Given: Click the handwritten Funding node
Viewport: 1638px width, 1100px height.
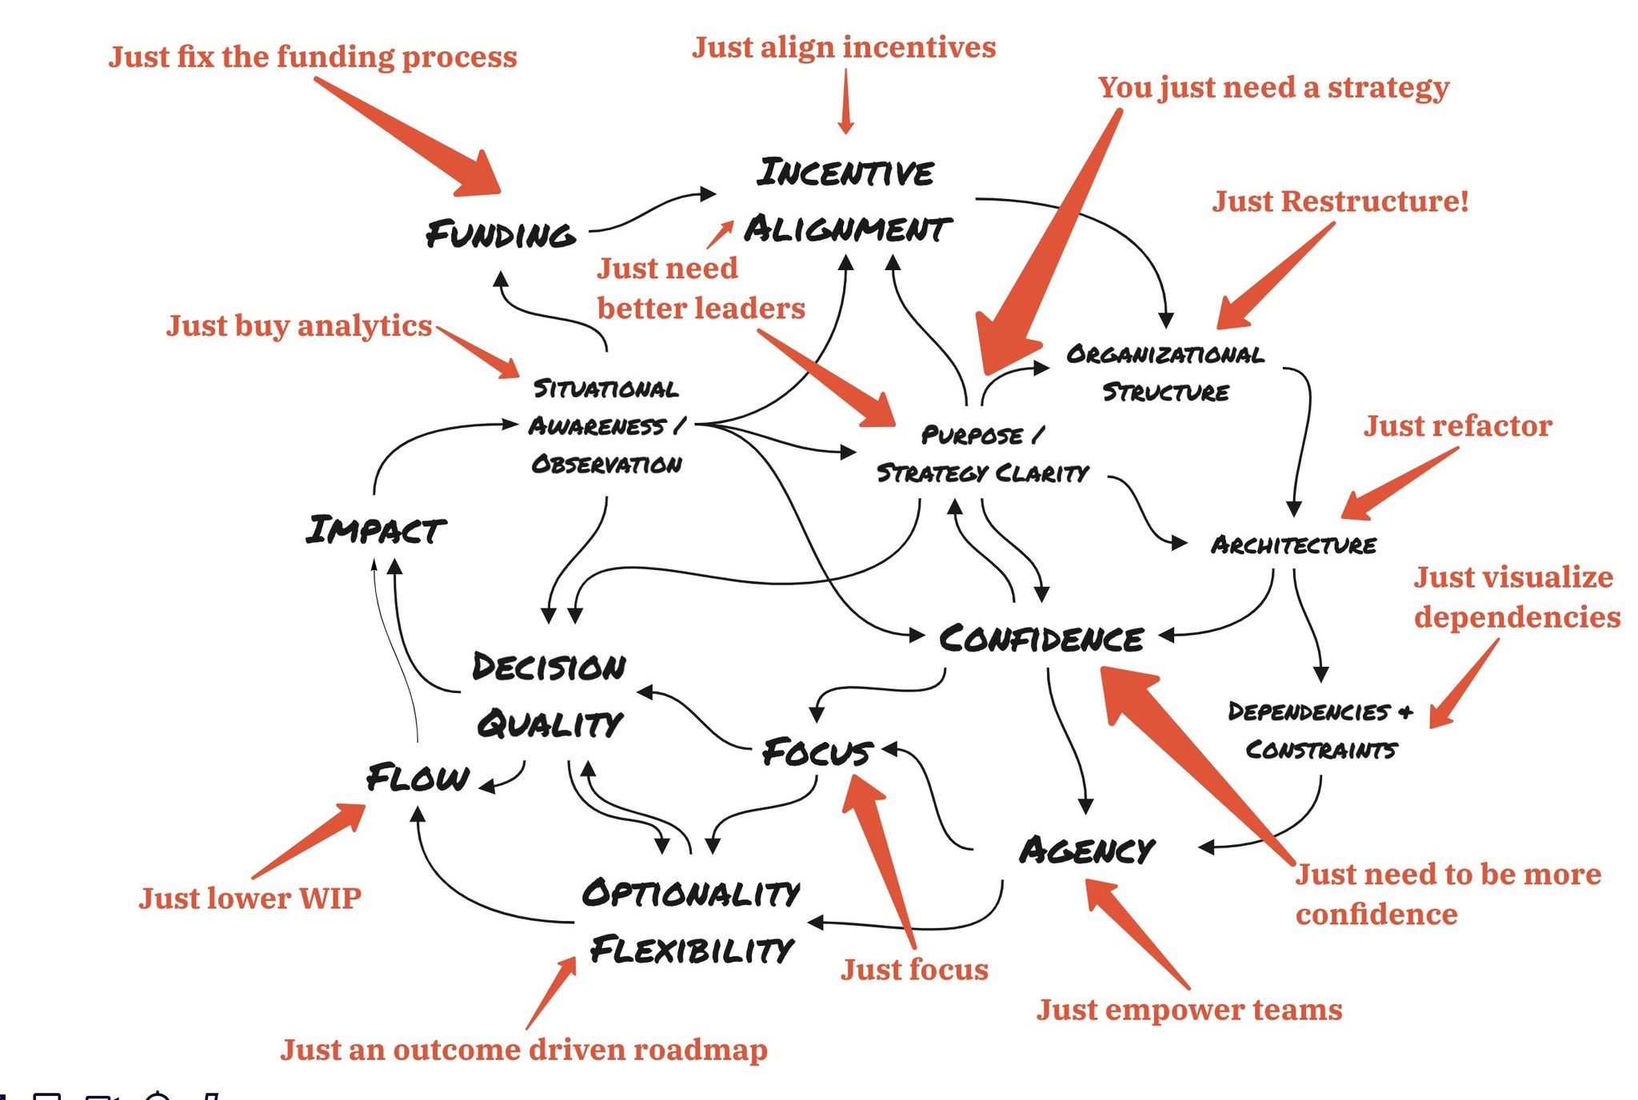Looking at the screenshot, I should (500, 234).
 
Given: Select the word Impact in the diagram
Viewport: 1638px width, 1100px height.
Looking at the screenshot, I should (375, 530).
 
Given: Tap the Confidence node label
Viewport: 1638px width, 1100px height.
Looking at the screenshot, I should (1041, 639).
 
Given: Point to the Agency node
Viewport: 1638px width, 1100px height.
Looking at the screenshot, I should (1087, 851).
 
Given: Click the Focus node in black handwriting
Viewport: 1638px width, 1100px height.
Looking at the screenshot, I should (817, 752).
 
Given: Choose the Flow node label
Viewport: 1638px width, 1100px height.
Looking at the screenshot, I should (417, 778).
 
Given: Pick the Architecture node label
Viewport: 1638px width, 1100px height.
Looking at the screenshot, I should (1293, 545).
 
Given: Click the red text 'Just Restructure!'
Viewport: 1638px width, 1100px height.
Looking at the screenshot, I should (1340, 201).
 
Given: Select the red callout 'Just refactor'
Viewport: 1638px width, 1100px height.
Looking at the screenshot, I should (1457, 426).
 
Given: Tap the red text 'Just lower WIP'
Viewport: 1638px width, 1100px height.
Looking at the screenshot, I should (250, 899).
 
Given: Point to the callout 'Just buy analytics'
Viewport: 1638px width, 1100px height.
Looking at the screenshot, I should (298, 326).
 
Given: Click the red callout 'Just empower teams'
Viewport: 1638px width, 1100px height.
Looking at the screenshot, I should (1189, 1010).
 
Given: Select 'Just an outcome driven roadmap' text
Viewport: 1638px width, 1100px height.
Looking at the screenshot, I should (524, 1050).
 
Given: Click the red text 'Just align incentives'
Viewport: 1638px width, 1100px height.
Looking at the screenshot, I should (844, 48).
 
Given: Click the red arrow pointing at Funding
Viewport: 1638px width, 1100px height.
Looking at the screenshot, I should (408, 136).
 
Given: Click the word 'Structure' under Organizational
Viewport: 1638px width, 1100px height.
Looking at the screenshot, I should (1165, 393).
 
